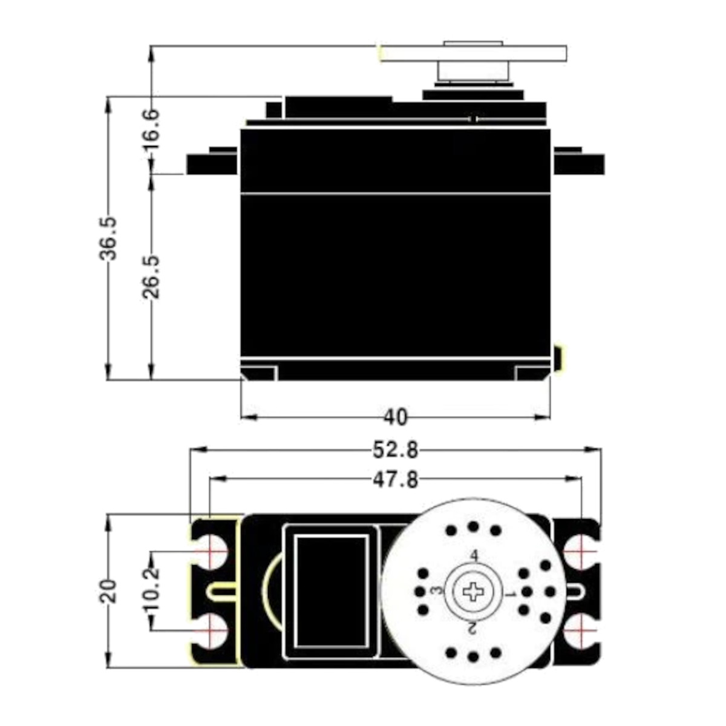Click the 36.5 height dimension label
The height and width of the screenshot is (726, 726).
coord(108,238)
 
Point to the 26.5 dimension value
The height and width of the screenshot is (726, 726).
coord(151,276)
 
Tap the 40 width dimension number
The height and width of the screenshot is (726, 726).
coord(395,417)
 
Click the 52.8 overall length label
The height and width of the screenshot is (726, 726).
coord(395,450)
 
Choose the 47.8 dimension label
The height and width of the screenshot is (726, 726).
coord(395,480)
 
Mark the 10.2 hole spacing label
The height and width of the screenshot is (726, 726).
coord(151,590)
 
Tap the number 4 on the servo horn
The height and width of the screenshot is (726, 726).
coord(474,555)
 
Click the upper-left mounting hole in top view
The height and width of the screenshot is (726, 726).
coord(210,552)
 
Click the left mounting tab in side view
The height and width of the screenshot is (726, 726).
coord(212,163)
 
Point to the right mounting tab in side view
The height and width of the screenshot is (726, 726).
coord(578,163)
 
